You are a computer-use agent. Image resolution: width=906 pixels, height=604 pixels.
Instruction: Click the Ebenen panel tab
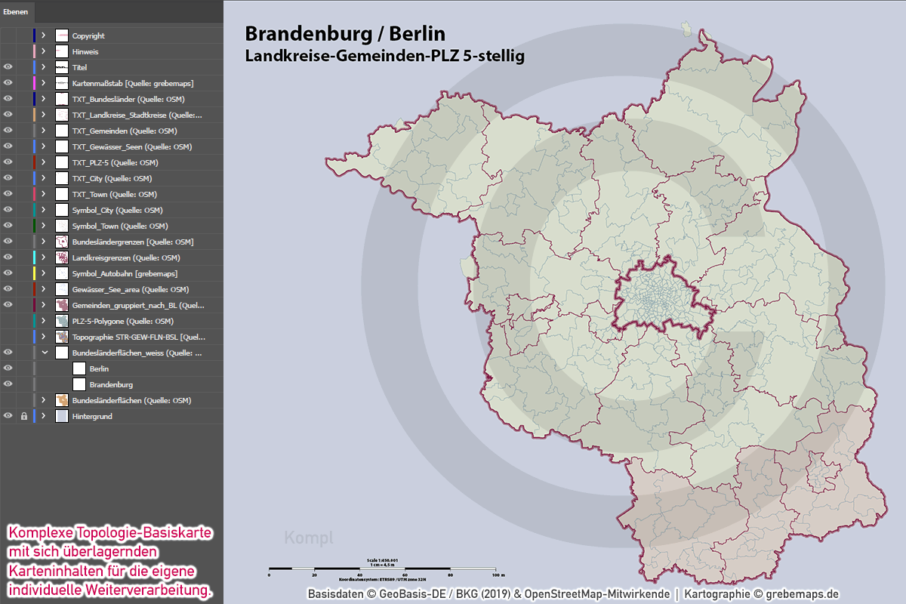[17, 13]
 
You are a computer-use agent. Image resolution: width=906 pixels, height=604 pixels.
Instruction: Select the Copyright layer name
[88, 35]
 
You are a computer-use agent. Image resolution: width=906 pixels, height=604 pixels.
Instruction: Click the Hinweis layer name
[85, 51]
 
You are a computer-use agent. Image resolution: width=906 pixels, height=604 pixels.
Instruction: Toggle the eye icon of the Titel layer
[8, 67]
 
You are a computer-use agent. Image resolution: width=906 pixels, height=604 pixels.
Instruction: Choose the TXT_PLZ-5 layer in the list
[115, 162]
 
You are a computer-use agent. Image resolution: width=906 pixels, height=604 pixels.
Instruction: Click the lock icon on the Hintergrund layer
[23, 416]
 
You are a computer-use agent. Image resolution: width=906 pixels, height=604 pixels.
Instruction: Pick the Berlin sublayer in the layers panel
[99, 368]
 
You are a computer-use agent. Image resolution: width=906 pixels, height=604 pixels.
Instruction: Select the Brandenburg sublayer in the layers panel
[111, 384]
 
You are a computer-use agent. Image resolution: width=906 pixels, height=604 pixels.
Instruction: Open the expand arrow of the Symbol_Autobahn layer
[44, 273]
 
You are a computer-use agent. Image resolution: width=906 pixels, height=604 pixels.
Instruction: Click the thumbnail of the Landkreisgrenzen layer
[62, 257]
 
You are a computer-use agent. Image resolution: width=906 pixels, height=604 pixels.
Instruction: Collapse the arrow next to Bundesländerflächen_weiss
[44, 353]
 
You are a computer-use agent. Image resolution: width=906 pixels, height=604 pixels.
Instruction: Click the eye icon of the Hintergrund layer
[8, 416]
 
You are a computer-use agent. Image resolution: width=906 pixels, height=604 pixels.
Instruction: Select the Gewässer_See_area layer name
[131, 289]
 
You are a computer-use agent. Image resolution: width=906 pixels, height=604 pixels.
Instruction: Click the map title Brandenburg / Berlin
[345, 34]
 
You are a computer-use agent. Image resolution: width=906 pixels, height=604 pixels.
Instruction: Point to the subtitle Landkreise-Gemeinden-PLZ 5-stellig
[384, 56]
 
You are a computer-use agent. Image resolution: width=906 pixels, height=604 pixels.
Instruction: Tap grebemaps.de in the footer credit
[802, 594]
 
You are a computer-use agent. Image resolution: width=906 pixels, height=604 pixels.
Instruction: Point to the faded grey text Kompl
[308, 538]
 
